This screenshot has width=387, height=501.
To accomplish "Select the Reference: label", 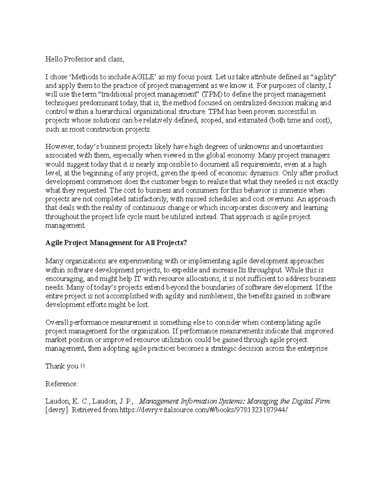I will pos(62,384).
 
